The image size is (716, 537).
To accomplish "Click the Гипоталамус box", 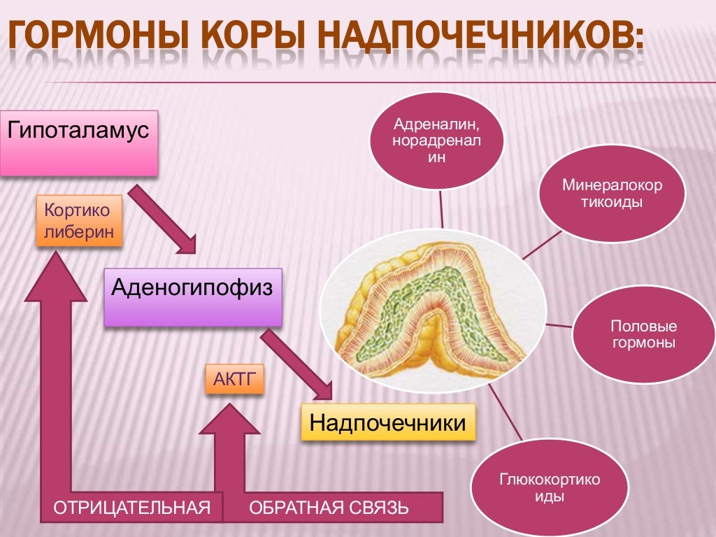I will pos(78,141).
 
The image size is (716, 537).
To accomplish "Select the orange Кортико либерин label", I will pos(78,221).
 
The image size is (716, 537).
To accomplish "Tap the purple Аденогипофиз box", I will pos(192,296).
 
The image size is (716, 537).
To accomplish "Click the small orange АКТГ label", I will pos(234,378).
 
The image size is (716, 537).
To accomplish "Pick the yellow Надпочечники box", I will pos(387,422).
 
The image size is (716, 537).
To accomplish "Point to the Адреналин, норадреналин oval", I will pos(436,141).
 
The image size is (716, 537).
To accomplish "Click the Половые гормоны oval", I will pos(643,334).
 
